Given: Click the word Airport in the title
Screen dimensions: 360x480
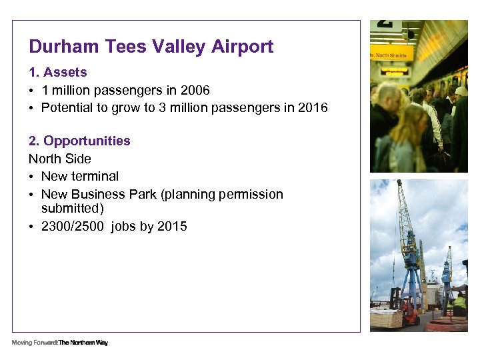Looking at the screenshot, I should click(243, 47).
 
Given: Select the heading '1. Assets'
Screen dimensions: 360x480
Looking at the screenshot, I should click(57, 72).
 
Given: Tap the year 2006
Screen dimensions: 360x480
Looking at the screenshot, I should click(194, 90).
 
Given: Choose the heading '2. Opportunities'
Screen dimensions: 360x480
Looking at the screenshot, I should click(79, 141).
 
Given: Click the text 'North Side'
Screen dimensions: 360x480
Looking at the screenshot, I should click(60, 159).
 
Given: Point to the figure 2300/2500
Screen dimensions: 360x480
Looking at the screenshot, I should click(73, 226).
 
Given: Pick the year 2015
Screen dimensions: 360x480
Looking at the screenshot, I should click(172, 226).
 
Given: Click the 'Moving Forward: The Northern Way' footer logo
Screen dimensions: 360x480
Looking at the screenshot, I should click(59, 343).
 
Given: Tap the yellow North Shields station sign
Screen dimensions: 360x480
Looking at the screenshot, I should click(392, 53).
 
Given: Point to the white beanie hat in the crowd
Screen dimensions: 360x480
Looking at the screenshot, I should click(461, 91).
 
